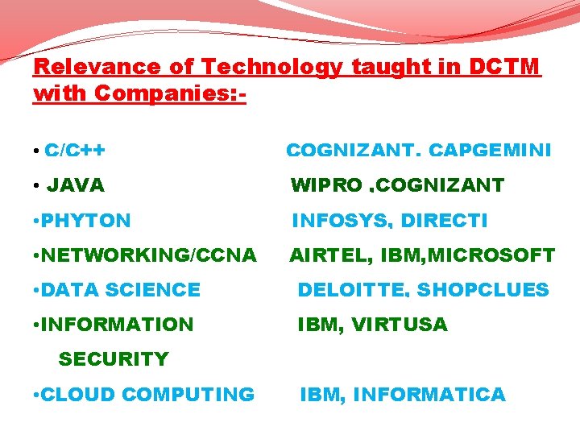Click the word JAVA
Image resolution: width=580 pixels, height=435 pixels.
point(76,186)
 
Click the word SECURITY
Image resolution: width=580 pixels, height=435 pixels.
point(114,359)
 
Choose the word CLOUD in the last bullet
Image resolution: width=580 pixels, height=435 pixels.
point(79,395)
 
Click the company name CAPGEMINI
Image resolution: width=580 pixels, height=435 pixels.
point(490,151)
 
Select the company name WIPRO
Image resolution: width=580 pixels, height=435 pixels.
point(326,186)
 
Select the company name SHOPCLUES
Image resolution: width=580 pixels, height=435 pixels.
point(483,290)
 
